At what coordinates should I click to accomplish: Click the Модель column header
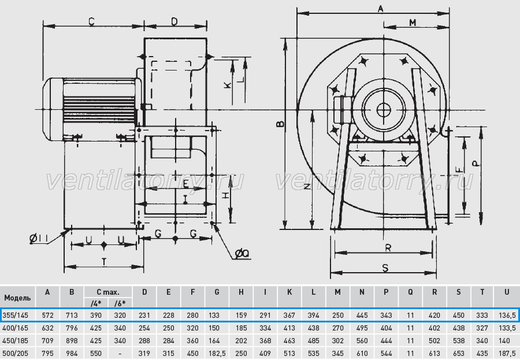coord(17,297)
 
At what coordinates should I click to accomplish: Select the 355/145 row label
coord(15,315)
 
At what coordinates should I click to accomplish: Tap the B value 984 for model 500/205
coord(72,354)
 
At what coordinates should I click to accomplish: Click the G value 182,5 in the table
coord(217,354)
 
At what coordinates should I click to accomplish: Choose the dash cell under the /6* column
coord(120,354)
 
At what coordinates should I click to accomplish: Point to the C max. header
coord(108,292)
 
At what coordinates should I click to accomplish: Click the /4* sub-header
coord(96,303)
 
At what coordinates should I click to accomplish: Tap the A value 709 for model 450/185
coord(47,341)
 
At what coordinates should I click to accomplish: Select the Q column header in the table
coord(410,292)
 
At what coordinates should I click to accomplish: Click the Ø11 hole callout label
coord(39,238)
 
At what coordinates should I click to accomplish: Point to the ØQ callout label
coord(242,254)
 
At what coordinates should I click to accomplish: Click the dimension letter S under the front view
coord(385,268)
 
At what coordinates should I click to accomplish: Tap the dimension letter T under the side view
coord(104,262)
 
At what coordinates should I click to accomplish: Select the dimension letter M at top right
coord(413,22)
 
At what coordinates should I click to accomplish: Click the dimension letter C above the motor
coord(92,21)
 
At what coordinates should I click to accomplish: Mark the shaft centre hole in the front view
coord(384,109)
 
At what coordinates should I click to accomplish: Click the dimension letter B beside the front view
coord(281,124)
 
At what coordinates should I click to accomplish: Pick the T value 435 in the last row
coord(482,354)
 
